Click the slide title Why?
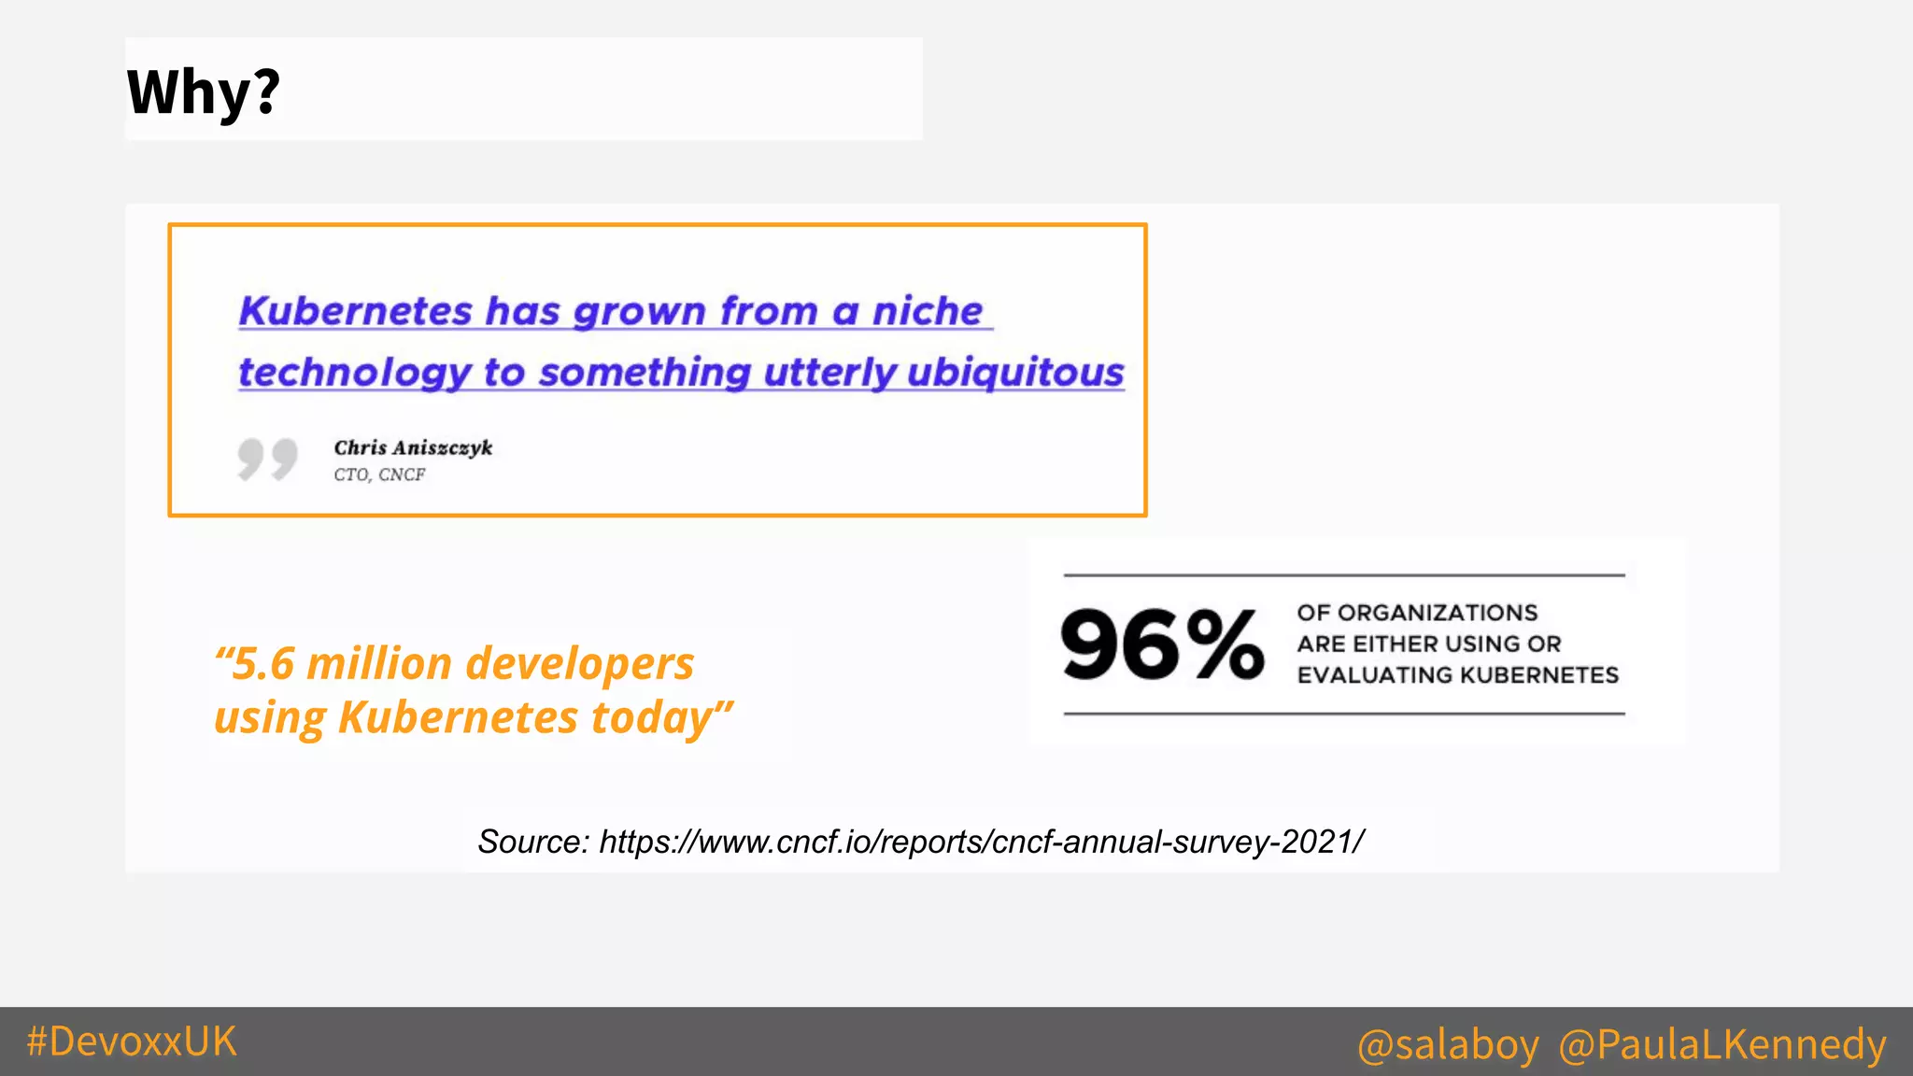tap(204, 92)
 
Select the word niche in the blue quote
tap(927, 311)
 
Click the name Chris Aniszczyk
tap(413, 447)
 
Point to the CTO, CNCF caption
tap(379, 474)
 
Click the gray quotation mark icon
tap(267, 459)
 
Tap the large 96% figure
tap(1163, 644)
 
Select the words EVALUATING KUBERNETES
tap(1457, 674)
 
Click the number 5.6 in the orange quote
tap(263, 664)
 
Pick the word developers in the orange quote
tap(580, 664)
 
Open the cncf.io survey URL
tap(981, 842)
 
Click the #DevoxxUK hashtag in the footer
tap(132, 1041)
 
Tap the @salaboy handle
tap(1448, 1044)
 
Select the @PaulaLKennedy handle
tap(1722, 1044)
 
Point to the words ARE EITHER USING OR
tap(1428, 644)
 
